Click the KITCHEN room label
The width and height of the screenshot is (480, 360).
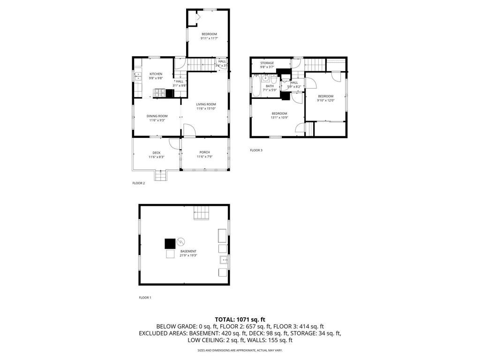156,74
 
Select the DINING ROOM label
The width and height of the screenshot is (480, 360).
157,116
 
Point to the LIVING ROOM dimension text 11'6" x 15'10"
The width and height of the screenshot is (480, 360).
206,108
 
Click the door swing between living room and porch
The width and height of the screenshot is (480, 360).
187,131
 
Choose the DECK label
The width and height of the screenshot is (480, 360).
156,152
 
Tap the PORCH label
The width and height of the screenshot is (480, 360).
204,152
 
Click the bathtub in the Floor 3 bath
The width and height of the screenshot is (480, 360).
256,86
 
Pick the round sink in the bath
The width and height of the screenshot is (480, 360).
265,78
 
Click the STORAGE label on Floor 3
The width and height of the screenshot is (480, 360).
267,63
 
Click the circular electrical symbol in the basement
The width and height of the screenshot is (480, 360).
181,242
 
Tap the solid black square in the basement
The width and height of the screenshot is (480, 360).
170,243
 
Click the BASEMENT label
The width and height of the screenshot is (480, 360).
188,251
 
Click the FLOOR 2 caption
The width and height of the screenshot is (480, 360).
138,183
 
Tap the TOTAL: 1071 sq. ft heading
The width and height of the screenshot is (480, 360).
240,319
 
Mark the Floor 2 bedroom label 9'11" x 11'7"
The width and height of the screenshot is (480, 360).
209,38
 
